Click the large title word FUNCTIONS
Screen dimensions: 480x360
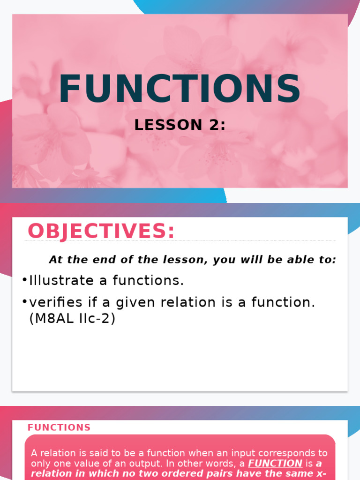coord(180,89)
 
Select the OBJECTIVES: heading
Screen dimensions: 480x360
coord(101,231)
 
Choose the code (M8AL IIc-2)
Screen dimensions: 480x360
coord(72,319)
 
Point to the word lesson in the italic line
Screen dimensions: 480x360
coord(172,260)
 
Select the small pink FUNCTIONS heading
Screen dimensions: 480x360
coord(59,427)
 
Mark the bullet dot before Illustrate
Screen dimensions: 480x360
coord(24,280)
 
